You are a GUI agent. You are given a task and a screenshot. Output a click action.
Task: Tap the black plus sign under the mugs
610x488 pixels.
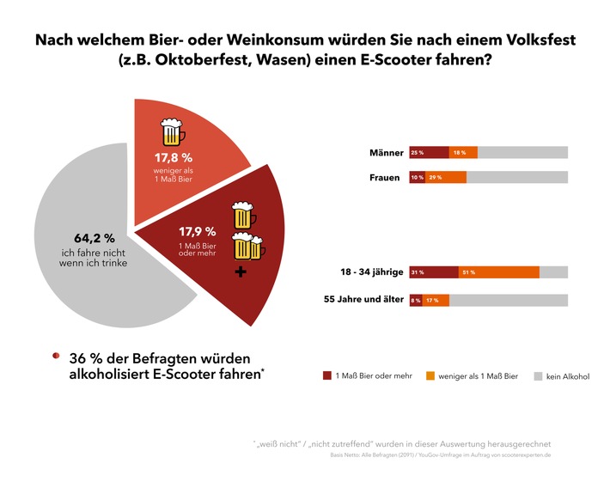click(x=241, y=272)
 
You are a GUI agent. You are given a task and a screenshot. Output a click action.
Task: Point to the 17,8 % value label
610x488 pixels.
click(x=174, y=158)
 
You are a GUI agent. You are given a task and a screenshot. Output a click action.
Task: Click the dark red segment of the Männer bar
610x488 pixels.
click(x=429, y=152)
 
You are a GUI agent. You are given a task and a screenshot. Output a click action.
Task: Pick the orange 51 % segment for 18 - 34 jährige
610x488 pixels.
click(x=498, y=272)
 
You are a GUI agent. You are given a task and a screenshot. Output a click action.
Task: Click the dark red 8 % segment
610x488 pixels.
click(x=415, y=301)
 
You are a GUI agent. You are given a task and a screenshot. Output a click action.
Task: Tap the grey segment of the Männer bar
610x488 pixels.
click(x=522, y=152)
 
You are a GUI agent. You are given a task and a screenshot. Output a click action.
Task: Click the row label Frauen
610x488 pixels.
click(x=385, y=178)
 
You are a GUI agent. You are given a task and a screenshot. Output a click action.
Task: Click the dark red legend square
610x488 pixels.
click(x=326, y=375)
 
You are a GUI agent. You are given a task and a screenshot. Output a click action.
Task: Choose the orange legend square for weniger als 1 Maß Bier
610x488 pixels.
click(x=431, y=375)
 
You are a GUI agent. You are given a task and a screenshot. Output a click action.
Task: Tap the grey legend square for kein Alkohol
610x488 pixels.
click(x=538, y=375)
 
